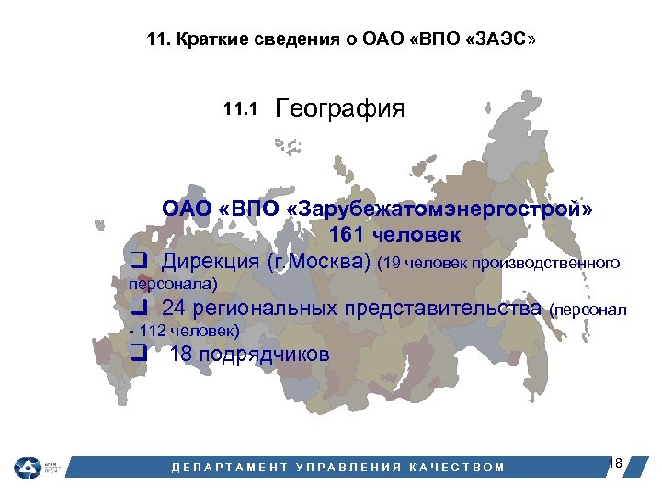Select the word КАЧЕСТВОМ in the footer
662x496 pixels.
[457, 467]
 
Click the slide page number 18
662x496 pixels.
[615, 463]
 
